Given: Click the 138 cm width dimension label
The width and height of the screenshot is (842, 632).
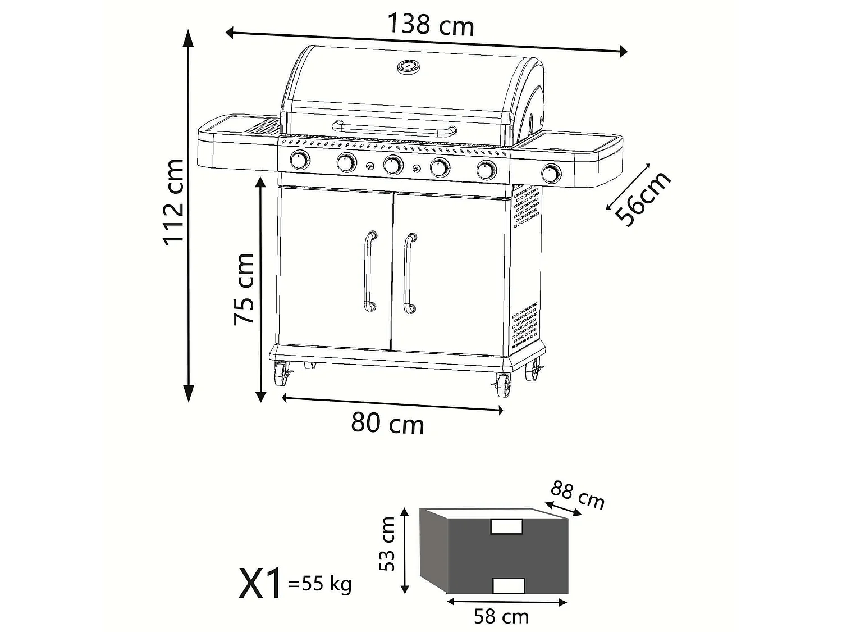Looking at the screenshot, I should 431,25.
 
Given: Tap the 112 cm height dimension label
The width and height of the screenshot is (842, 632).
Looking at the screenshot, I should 175,202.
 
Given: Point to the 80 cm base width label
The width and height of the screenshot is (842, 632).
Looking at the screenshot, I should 387,423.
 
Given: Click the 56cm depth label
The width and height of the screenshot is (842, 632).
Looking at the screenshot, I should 643,199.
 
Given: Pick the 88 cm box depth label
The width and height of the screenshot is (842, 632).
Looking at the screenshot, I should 578,494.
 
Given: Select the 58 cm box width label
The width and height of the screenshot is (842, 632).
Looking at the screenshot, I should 501,616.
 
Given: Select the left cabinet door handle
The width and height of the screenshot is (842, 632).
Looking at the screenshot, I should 369,271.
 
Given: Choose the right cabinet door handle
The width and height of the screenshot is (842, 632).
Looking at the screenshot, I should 409,272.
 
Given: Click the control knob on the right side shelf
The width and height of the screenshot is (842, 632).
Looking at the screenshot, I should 551,174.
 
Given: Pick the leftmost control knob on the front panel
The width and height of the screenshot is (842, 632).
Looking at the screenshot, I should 300,161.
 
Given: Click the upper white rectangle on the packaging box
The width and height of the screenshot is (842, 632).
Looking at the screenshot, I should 506,526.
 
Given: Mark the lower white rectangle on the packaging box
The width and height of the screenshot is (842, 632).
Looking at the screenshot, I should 508,585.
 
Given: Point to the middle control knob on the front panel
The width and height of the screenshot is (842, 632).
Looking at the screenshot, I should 393,165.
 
